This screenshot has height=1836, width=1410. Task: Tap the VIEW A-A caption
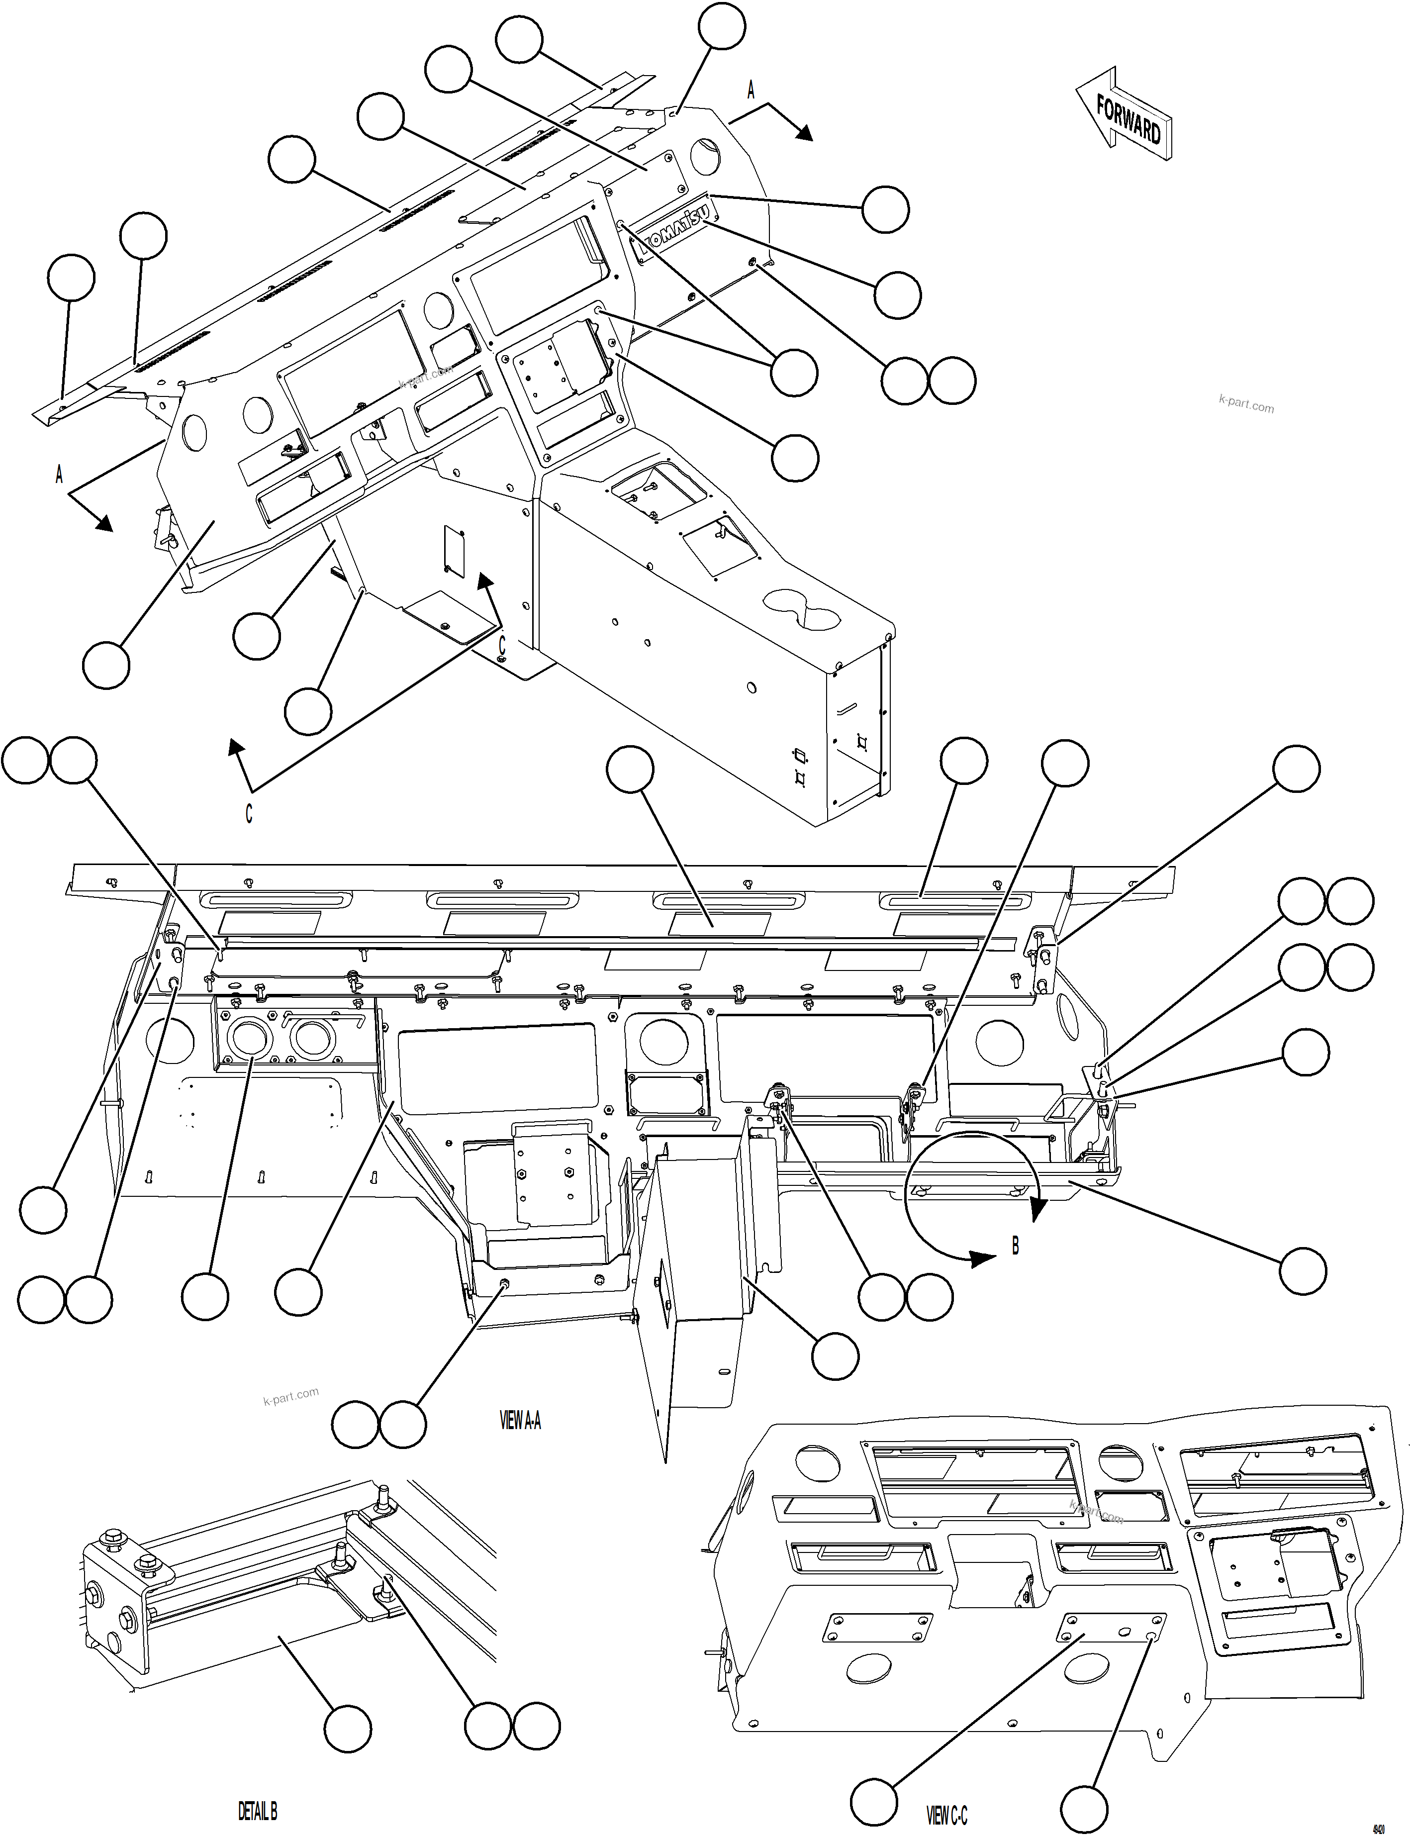tap(520, 1421)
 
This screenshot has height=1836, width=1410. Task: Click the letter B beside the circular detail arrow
tap(1015, 1246)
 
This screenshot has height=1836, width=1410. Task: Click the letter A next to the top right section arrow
tap(751, 91)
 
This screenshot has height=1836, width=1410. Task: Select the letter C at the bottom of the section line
tap(249, 813)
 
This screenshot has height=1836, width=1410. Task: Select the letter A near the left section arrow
tap(59, 475)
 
